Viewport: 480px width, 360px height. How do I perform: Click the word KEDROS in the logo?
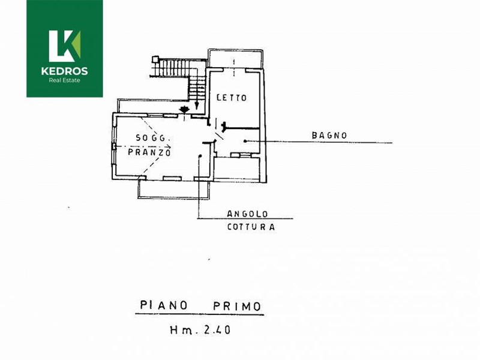65,71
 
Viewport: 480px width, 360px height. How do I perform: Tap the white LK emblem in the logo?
65,46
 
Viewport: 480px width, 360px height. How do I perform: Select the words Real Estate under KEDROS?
65,80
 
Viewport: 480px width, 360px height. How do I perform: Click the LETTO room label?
232,98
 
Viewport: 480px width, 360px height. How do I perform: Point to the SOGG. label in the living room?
152,138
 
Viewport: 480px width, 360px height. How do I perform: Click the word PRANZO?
149,152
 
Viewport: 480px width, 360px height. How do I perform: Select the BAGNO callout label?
329,136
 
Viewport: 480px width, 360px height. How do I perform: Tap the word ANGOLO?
247,214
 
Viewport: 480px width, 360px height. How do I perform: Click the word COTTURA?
251,227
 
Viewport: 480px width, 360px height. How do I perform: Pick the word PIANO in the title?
163,305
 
